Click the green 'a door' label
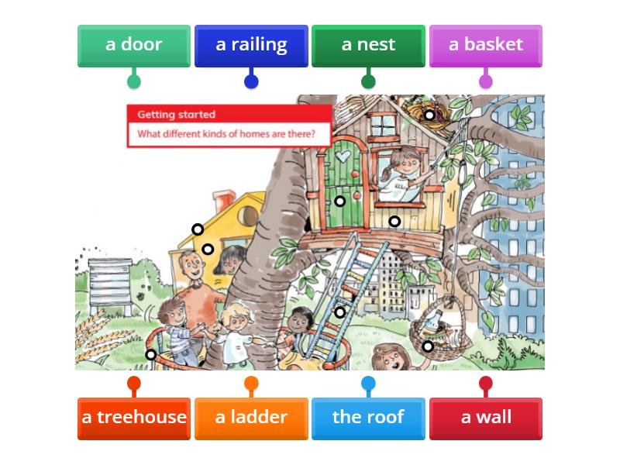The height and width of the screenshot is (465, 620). click(x=133, y=45)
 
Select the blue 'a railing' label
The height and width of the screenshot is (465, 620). click(x=251, y=45)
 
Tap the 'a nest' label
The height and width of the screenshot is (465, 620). click(x=368, y=45)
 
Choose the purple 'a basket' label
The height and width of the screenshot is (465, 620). click(x=485, y=45)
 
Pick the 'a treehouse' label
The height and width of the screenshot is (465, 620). click(x=134, y=418)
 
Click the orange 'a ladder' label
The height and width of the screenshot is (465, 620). click(x=251, y=418)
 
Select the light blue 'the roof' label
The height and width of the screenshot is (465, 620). click(x=368, y=418)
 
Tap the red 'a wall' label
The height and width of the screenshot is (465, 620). click(x=486, y=418)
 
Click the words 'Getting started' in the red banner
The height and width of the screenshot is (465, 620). click(x=177, y=115)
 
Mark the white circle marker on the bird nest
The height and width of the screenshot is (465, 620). click(x=429, y=115)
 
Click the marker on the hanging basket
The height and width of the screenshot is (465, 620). click(x=428, y=346)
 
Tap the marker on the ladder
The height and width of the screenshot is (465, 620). click(x=339, y=312)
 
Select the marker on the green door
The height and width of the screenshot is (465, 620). click(x=339, y=201)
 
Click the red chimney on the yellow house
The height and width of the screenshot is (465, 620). click(x=226, y=202)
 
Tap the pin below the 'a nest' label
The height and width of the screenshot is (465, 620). click(x=368, y=81)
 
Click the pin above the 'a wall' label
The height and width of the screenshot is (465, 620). click(x=486, y=383)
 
